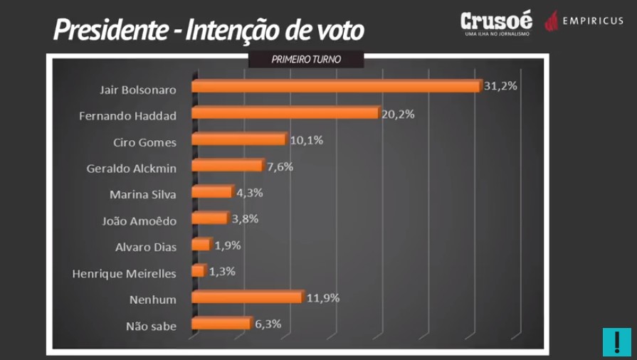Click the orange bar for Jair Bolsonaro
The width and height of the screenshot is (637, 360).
(335, 86)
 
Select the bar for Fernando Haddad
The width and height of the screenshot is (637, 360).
(285, 113)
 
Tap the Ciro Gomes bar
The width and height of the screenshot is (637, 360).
(238, 139)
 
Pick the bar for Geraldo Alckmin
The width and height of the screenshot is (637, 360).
(226, 166)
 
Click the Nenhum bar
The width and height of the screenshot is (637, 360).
(246, 297)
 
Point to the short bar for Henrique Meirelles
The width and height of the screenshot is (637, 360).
(199, 271)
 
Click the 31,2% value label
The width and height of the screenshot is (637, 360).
(500, 85)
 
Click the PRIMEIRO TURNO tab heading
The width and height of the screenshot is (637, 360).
(307, 60)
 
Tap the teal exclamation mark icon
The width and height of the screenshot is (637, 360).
(612, 342)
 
